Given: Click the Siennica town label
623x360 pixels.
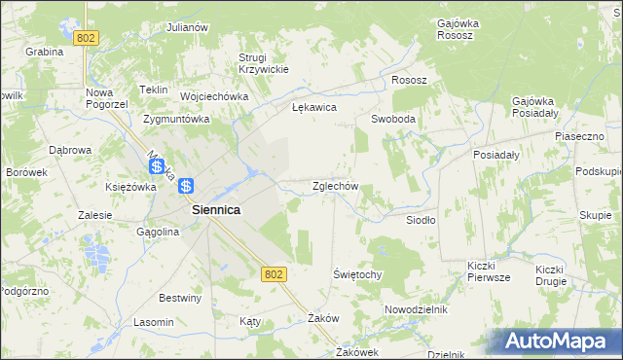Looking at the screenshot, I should pos(216,209).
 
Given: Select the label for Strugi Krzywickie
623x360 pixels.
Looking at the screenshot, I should pos(264,62).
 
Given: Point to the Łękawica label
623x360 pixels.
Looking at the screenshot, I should pos(314,108).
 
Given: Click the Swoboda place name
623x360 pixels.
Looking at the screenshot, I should pos(393,119).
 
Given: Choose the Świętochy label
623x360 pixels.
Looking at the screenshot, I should pos(357,274).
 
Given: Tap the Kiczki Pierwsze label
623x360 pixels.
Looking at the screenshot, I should pos(489,271).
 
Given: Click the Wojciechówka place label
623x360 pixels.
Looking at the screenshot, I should pos(215,97).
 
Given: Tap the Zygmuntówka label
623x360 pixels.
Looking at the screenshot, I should pos(176,120).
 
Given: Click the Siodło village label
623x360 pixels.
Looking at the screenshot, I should pos(421,220).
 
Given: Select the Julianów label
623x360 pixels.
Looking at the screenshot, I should pos(188,27).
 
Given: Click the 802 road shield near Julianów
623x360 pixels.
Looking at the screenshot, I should pos(87,37).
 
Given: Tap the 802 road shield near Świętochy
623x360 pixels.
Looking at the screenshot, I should pos(273,274).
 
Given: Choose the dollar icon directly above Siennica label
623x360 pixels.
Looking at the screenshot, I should pos(187,185).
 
